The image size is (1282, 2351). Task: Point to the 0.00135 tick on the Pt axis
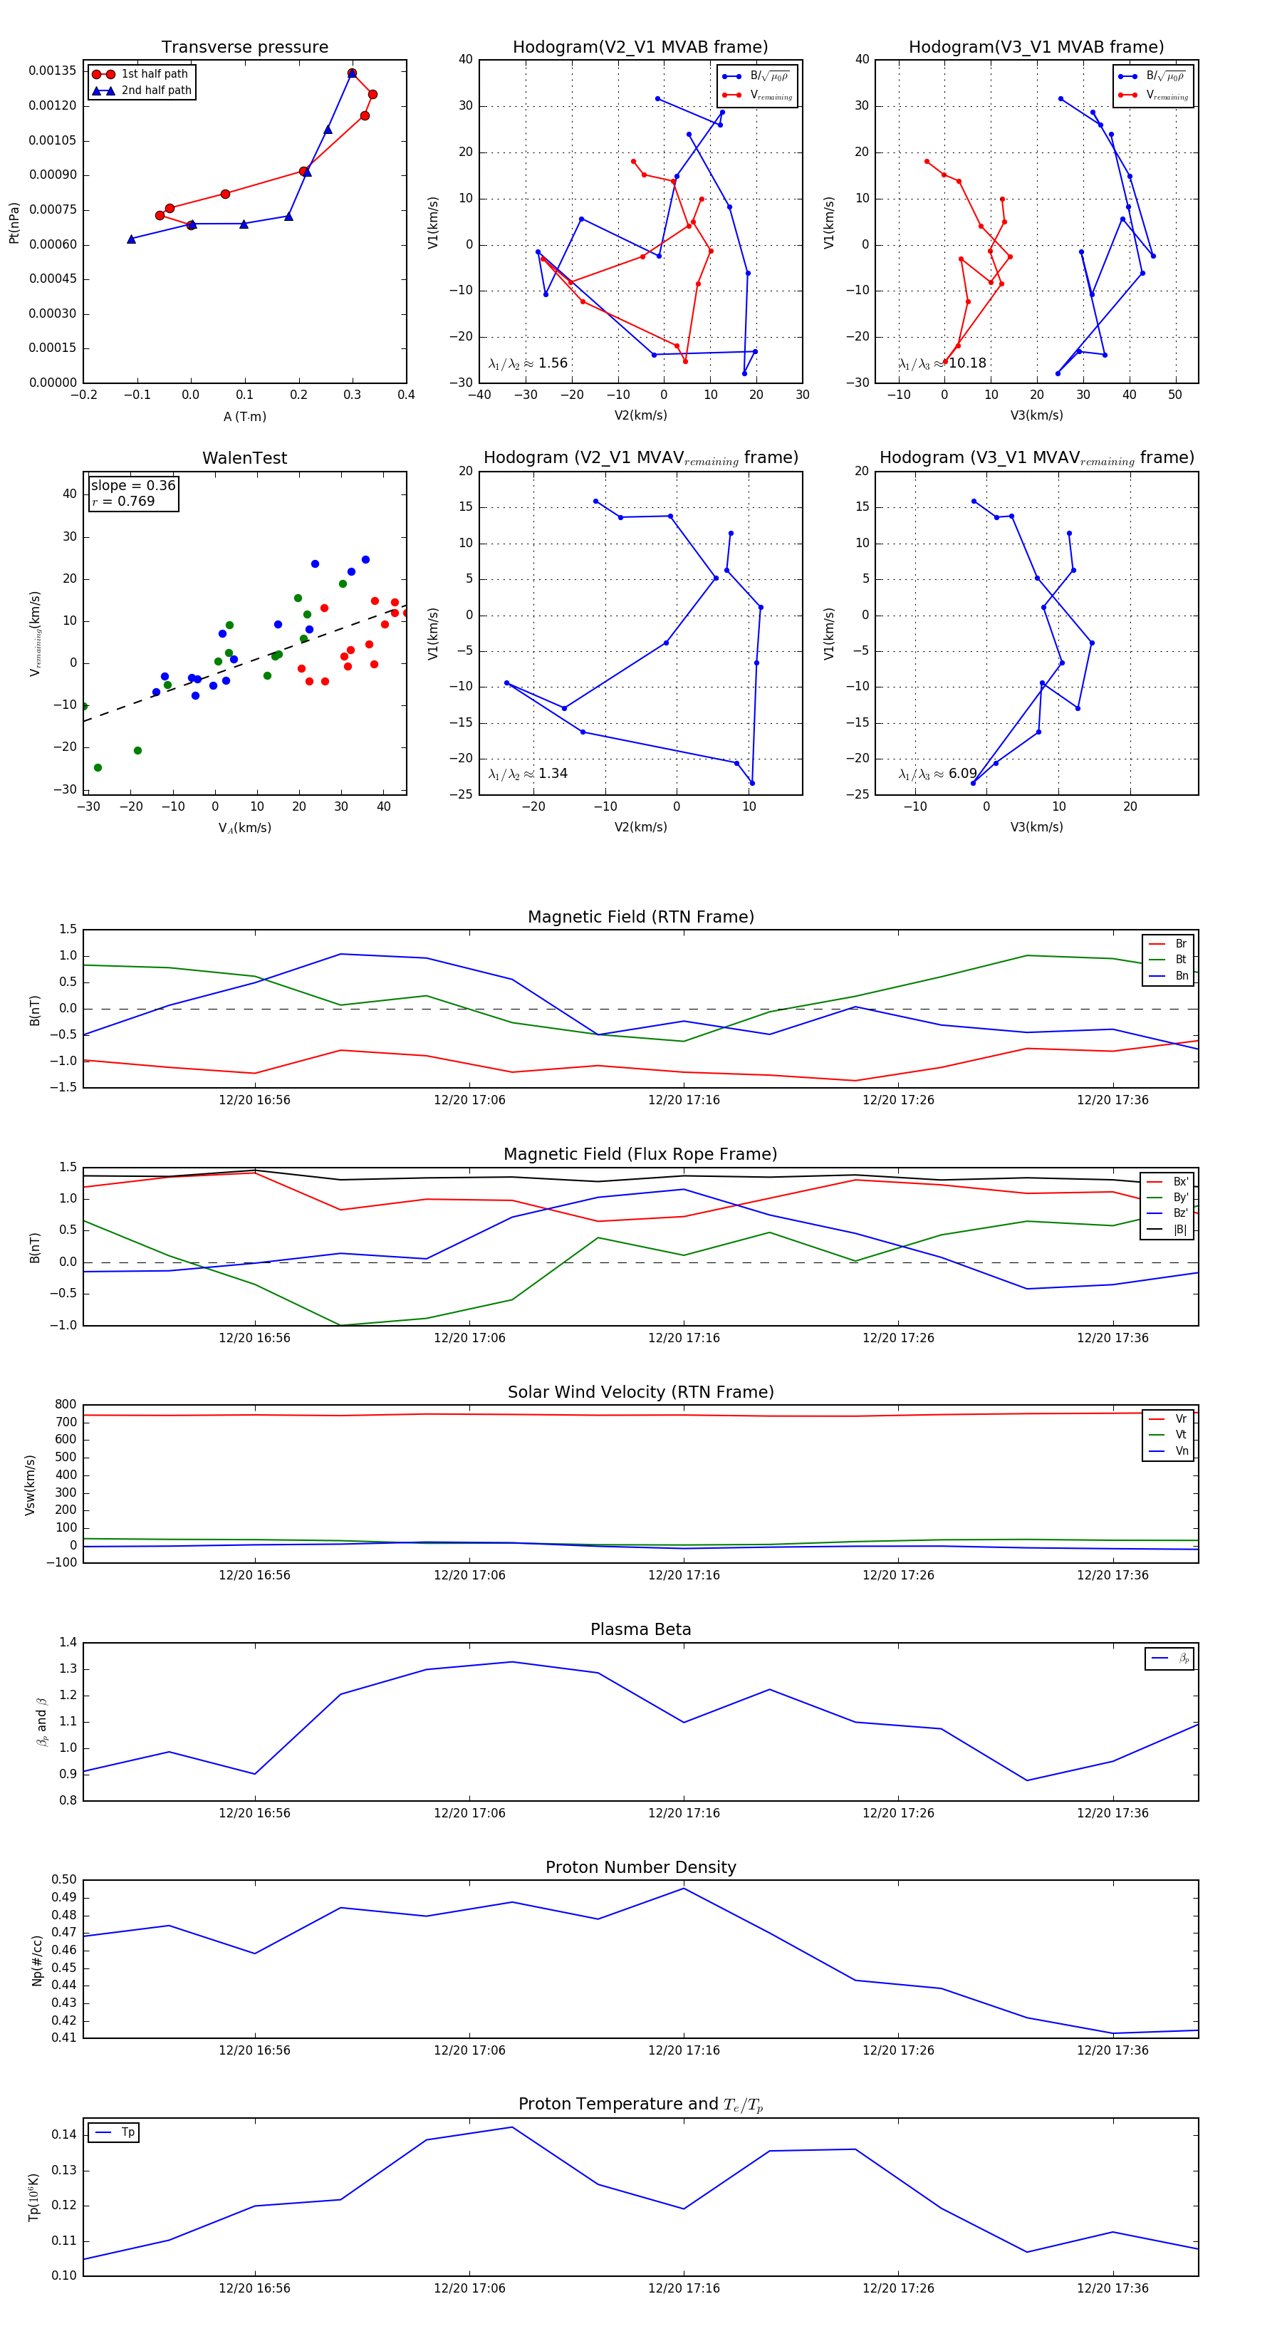click(x=53, y=71)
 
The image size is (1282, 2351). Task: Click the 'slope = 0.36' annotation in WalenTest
click(x=133, y=486)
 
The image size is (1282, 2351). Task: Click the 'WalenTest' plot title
click(x=244, y=458)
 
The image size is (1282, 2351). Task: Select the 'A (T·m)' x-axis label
click(x=244, y=417)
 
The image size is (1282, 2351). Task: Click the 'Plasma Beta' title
click(x=640, y=1629)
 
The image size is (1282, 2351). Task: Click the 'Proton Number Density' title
click(x=640, y=1867)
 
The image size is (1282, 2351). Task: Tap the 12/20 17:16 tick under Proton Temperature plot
click(x=684, y=2288)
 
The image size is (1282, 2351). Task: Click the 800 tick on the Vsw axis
click(x=66, y=1405)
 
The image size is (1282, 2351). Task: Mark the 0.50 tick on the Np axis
click(x=64, y=1879)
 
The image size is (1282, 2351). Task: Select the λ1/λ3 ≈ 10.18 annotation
click(x=942, y=363)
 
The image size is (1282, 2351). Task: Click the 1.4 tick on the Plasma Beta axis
click(x=68, y=1642)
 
